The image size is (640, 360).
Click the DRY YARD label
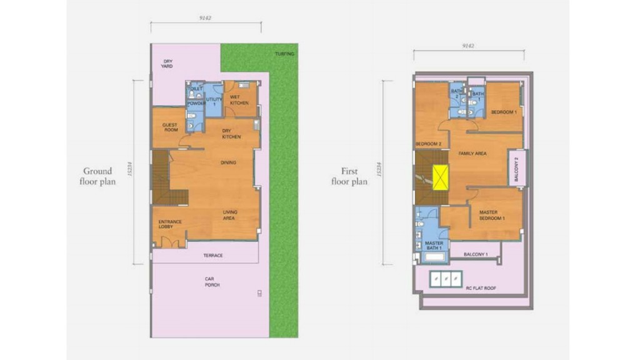pos(167,63)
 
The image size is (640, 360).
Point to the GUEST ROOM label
pos(170,127)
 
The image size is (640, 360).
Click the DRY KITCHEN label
pos(232,134)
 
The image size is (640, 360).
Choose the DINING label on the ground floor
pos(228,162)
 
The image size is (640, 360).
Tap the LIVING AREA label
pos(229,215)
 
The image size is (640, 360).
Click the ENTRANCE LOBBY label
pos(170,224)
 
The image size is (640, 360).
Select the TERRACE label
pos(212,255)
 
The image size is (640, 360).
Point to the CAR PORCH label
pos(212,282)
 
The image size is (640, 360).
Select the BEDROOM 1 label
pos(503,112)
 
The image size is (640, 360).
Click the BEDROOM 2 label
pos(429,144)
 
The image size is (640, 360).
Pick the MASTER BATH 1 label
pos(433,246)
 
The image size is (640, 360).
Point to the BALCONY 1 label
pos(477,254)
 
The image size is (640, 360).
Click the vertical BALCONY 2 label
pos(516,169)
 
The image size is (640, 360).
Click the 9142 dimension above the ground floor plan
pos(205,18)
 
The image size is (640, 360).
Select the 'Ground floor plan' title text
pos(97,176)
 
